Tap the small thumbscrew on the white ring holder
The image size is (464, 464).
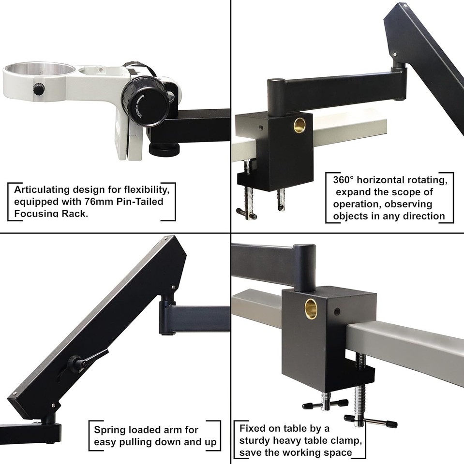38,89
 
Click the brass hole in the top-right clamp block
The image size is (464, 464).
299,124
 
